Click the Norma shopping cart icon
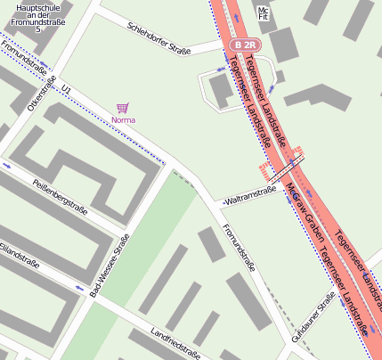click(x=122, y=107)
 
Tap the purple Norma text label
click(x=123, y=119)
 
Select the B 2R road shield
click(x=245, y=44)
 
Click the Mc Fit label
click(x=262, y=13)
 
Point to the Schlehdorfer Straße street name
click(x=158, y=38)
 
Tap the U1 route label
click(x=66, y=89)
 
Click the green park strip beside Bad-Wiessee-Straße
click(x=134, y=267)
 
